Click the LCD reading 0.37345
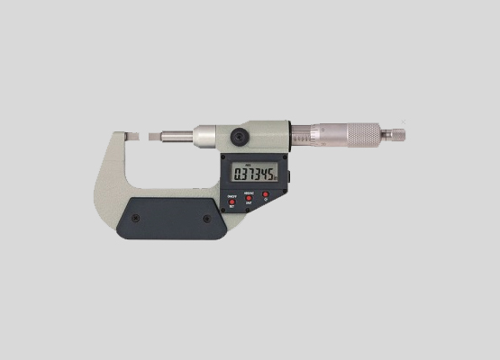(255, 174)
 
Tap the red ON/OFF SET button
(232, 202)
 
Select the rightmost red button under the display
(267, 194)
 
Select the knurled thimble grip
(363, 135)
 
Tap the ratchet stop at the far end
(393, 135)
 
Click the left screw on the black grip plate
(135, 218)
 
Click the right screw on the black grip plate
(205, 218)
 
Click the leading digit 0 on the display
(237, 174)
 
